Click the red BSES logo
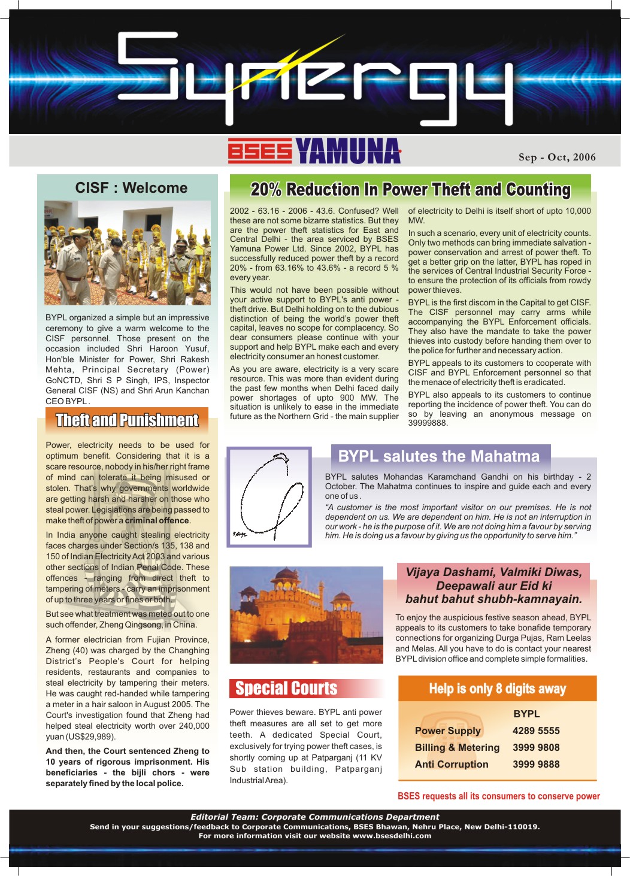[259, 151]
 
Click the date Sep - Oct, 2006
[557, 157]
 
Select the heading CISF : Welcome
[131, 188]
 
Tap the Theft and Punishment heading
[127, 420]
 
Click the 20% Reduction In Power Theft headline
[410, 190]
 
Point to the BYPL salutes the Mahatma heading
[439, 456]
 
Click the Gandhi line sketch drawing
[269, 496]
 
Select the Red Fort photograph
[306, 615]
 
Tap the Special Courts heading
[286, 689]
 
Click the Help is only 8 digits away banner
[497, 689]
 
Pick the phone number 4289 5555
[536, 730]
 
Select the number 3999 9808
[536, 747]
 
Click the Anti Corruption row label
[452, 764]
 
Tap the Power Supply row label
[448, 730]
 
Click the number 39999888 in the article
[428, 423]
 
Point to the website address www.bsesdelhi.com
[392, 836]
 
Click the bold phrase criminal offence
[157, 520]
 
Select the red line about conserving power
[498, 796]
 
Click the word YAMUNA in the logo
[348, 151]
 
